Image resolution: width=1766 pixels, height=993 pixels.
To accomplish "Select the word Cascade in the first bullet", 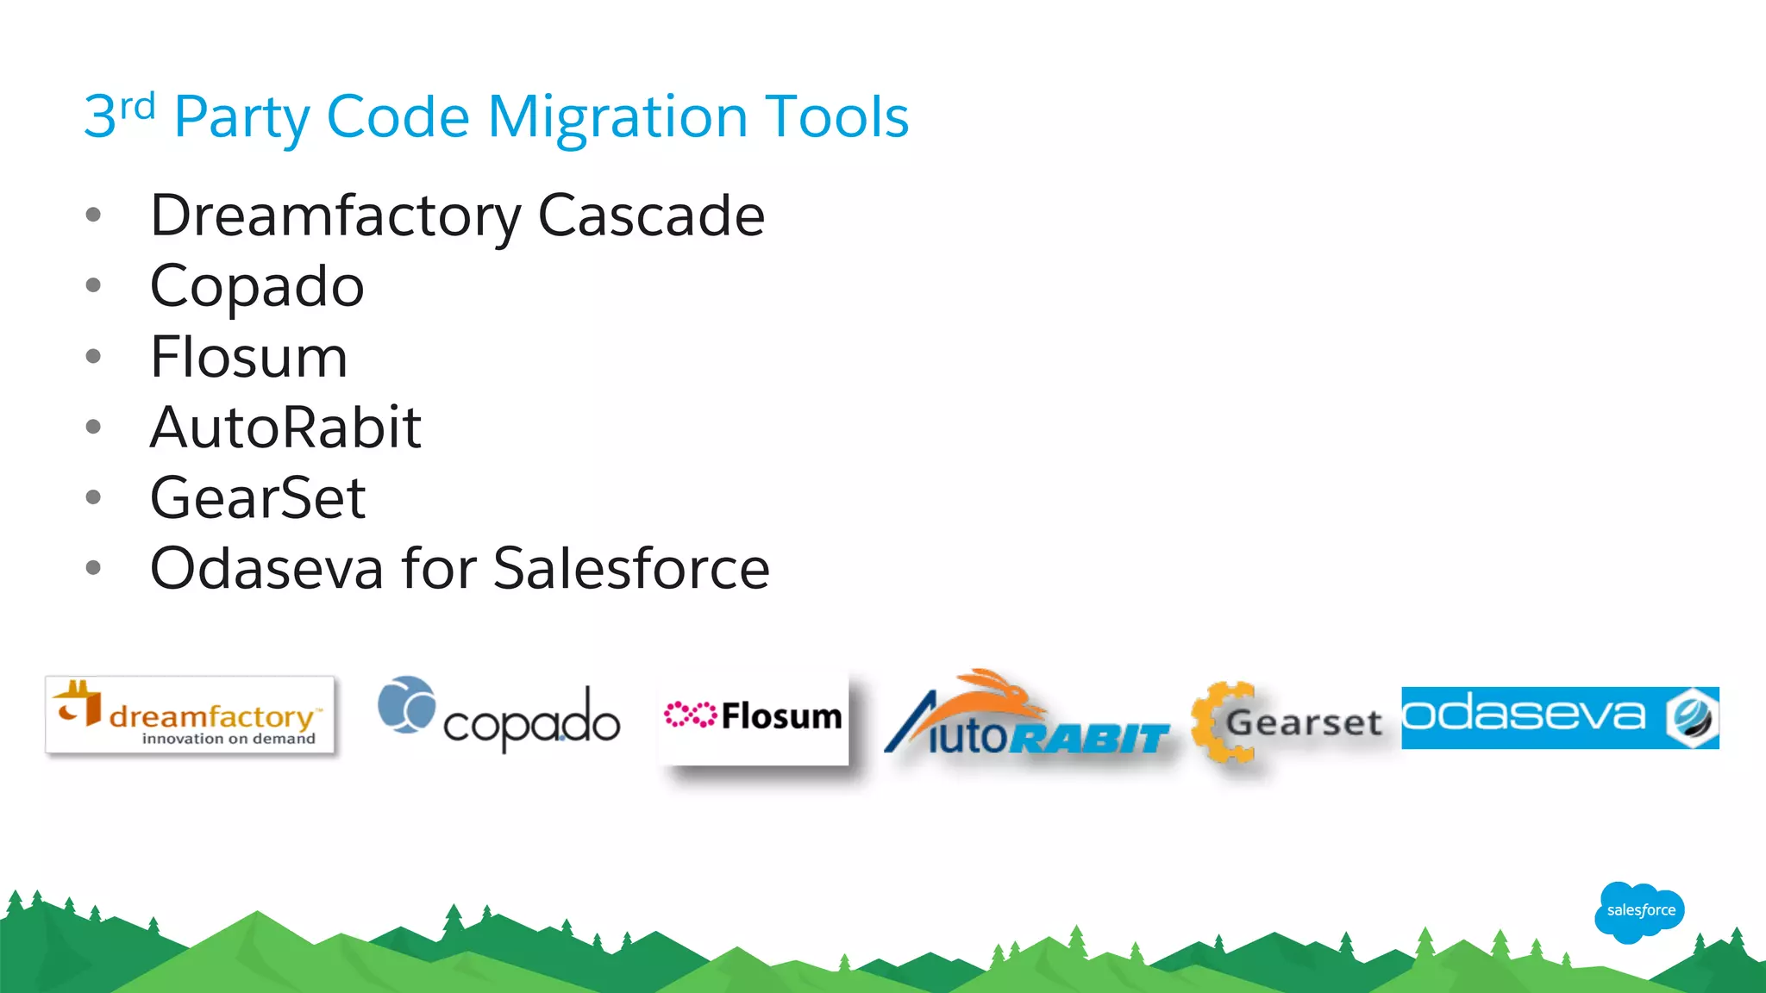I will click(651, 215).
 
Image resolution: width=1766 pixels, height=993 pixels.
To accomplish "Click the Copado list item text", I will click(257, 286).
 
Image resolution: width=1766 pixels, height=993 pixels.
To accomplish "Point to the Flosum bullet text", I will click(248, 357).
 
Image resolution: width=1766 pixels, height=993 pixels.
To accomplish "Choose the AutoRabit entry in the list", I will click(285, 428).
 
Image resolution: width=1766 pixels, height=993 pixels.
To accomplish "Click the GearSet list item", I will click(258, 498).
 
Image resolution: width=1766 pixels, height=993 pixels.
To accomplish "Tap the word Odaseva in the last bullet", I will click(266, 569).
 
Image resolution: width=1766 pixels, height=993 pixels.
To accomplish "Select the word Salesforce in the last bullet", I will click(631, 569).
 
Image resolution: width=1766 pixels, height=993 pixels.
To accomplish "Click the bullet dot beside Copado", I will click(93, 285).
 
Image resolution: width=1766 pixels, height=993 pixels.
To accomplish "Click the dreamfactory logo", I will click(190, 715).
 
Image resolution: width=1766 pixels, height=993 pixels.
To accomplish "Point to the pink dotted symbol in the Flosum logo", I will click(690, 715).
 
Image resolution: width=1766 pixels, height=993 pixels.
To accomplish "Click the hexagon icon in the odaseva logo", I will click(1691, 717).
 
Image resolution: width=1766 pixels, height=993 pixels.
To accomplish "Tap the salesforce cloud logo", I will click(1639, 911).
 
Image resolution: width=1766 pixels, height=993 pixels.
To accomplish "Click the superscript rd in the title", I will click(137, 107).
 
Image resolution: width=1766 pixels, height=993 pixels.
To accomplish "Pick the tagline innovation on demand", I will click(229, 739).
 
